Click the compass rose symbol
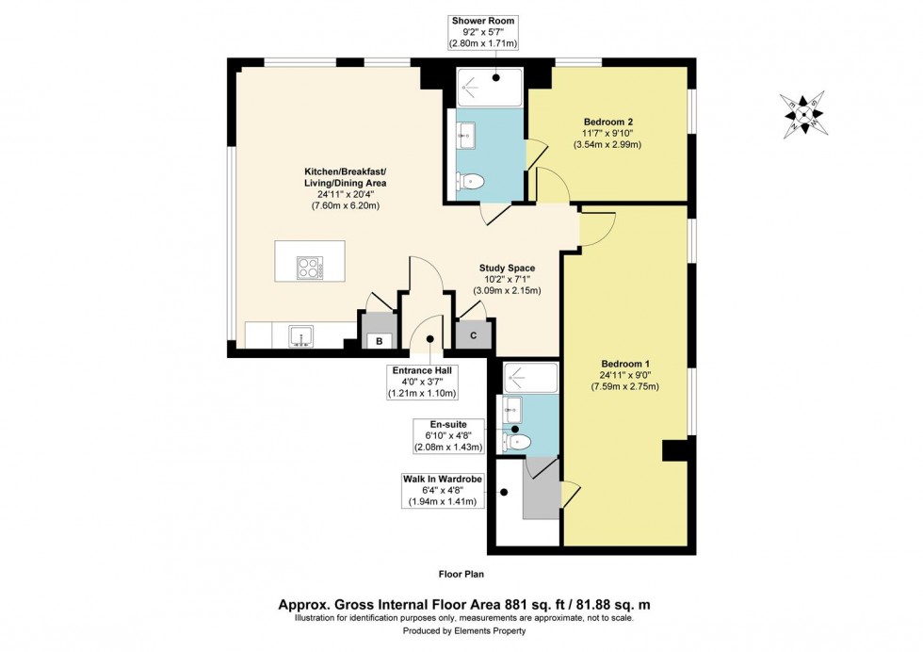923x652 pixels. tap(802, 114)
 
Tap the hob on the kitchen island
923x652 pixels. tap(310, 268)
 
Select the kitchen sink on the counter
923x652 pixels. tap(301, 335)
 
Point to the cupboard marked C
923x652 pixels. tap(474, 334)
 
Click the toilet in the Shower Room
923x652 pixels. tap(470, 181)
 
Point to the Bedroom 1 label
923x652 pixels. tap(625, 364)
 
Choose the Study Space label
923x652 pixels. tap(507, 268)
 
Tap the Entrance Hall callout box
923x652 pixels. tap(422, 382)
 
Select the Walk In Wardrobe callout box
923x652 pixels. tap(443, 490)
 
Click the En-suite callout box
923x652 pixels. tap(448, 436)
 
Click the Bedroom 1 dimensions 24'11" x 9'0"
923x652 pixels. tap(625, 375)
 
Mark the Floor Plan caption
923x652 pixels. tap(461, 574)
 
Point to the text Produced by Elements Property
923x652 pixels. tap(463, 630)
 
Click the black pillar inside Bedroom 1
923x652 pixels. tap(674, 450)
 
